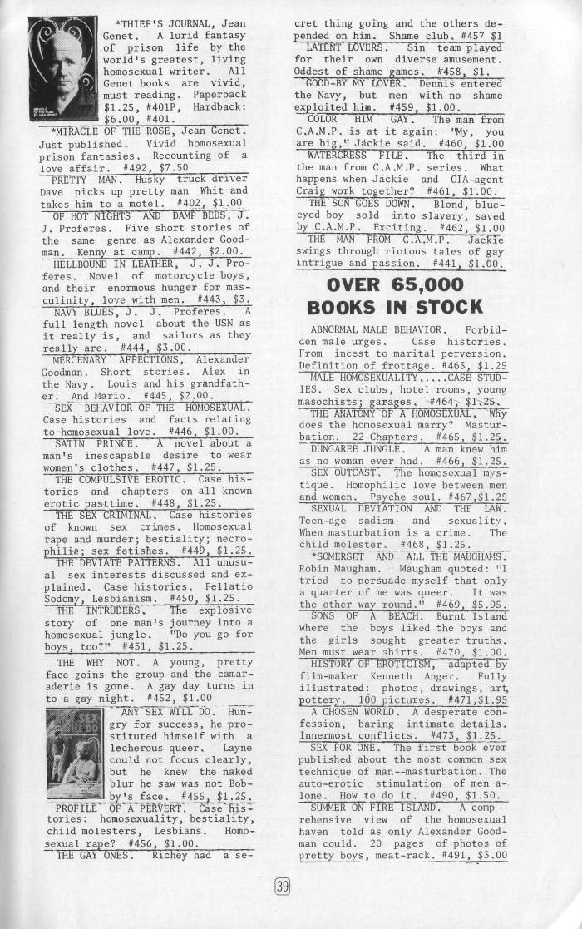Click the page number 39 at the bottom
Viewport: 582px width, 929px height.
282,887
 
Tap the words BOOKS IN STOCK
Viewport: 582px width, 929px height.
394,307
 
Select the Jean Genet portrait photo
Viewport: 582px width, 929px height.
63,70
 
